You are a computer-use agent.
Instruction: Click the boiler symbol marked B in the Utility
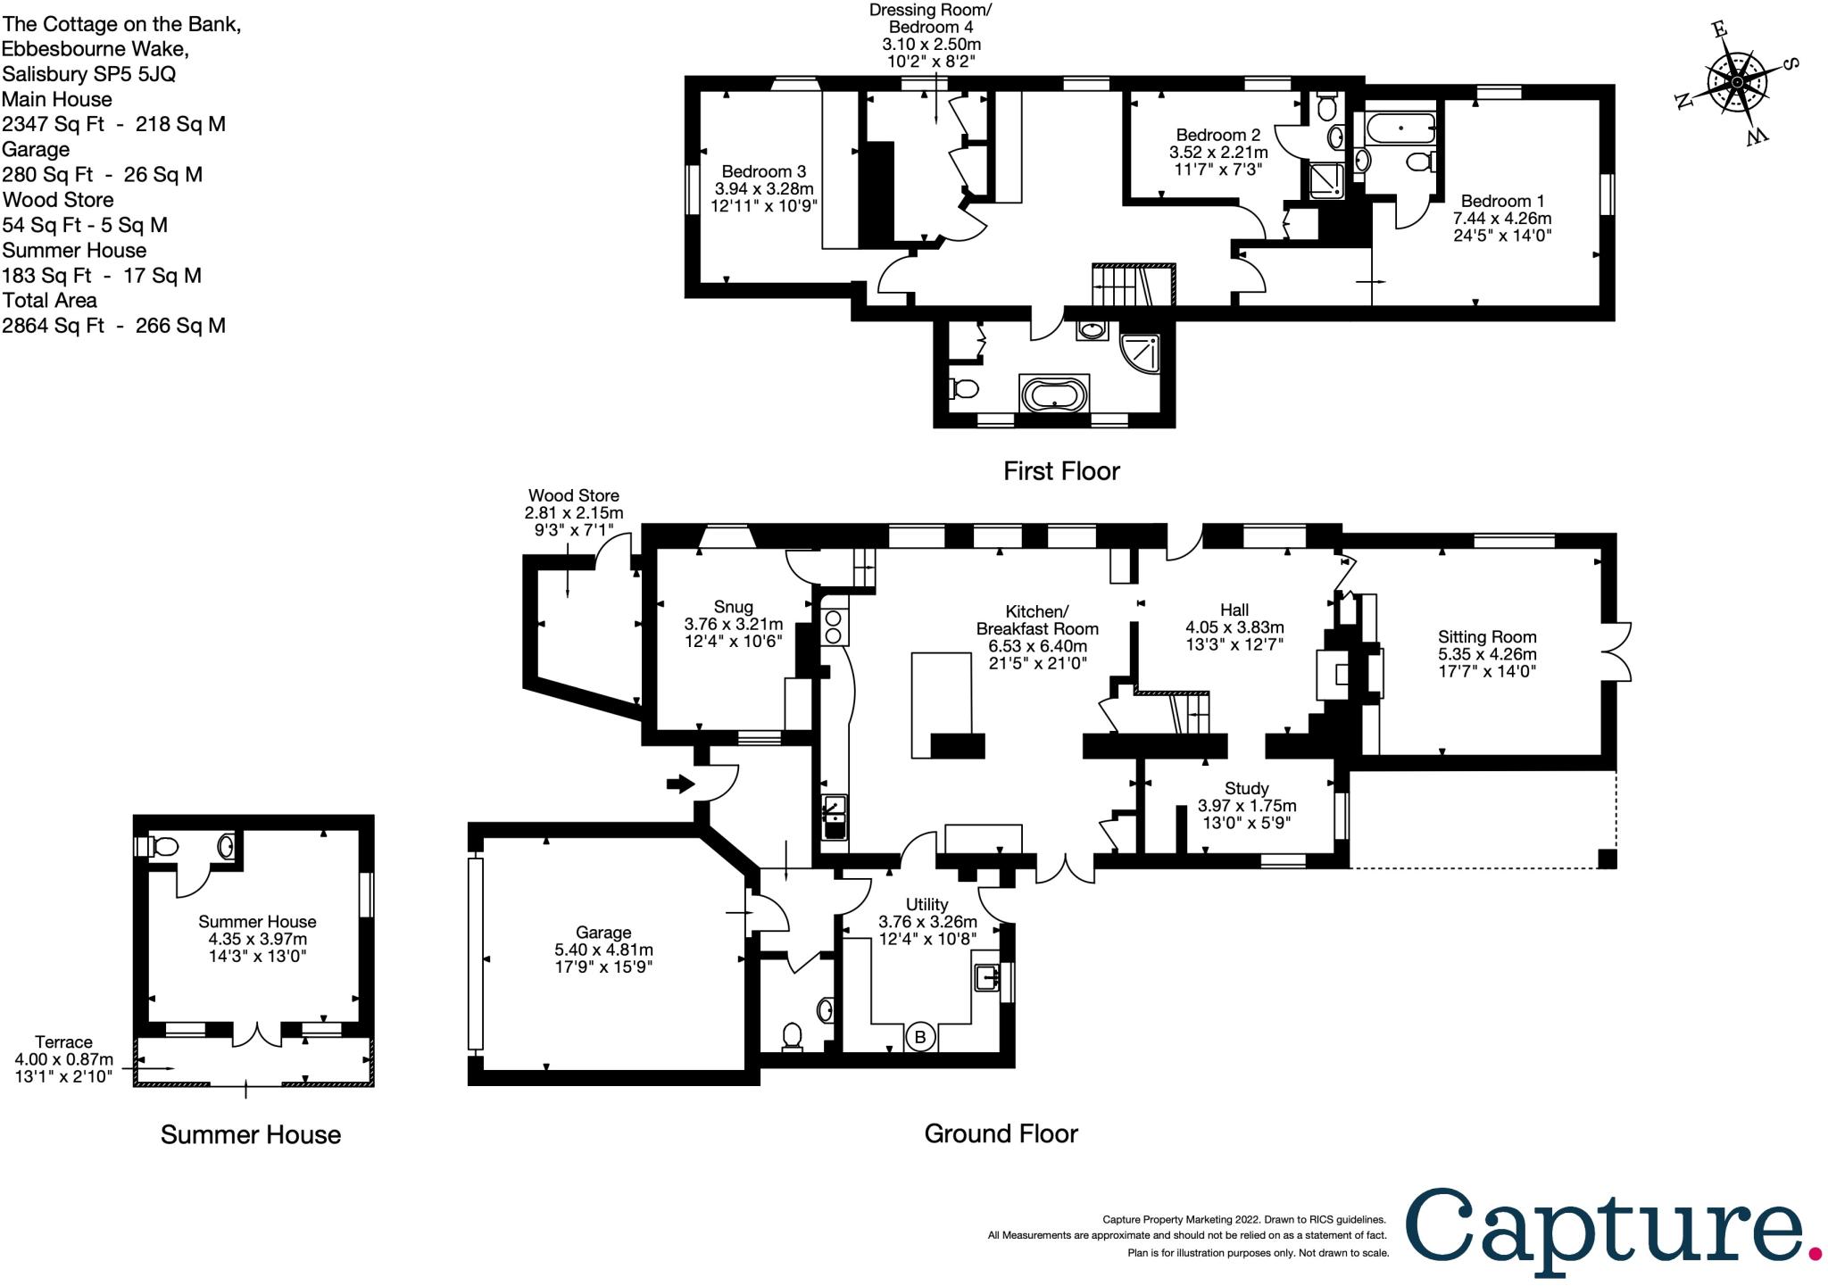[920, 1038]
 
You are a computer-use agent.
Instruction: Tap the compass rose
[1736, 83]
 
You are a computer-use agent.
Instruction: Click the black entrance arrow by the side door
[680, 784]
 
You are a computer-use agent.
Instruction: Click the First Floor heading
[1061, 471]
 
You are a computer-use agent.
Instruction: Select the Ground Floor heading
[1001, 1133]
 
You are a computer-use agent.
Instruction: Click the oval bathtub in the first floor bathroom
[1054, 394]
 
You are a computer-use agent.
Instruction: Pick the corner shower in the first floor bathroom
[1140, 354]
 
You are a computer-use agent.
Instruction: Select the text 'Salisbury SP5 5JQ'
[89, 74]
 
